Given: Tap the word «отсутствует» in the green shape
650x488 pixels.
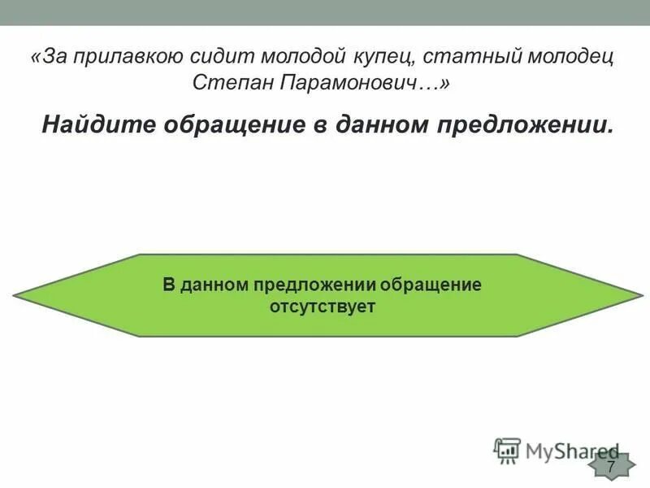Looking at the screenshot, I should (322, 307).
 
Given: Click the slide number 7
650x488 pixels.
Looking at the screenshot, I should (611, 465).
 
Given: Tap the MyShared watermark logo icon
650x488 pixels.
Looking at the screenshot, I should (507, 450).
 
